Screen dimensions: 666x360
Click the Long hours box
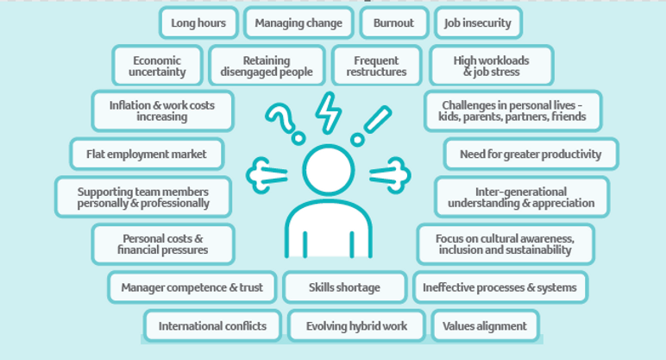click(198, 23)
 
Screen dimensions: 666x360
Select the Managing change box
click(298, 23)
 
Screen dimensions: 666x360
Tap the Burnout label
click(393, 23)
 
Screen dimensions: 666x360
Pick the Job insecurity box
click(478, 23)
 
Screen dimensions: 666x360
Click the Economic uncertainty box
click(157, 66)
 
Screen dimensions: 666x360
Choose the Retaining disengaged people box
click(266, 66)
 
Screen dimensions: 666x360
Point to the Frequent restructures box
click(376, 66)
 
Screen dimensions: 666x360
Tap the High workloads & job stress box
click(491, 66)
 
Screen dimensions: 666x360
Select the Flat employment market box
click(147, 155)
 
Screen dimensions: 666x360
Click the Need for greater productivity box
click(531, 155)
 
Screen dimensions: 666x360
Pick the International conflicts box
click(212, 326)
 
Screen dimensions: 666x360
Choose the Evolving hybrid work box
click(355, 326)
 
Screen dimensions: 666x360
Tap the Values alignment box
click(485, 326)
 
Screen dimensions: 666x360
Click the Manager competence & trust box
click(192, 287)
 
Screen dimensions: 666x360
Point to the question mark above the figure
click(284, 121)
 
